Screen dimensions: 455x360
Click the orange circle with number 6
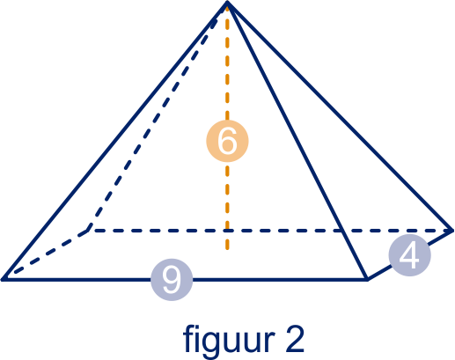coord(227,141)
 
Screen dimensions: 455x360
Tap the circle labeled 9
coord(172,280)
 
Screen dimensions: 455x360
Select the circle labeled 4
coord(410,255)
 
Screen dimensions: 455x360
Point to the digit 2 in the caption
coord(293,338)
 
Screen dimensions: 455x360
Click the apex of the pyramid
coord(227,3)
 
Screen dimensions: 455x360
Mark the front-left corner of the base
coord(3,279)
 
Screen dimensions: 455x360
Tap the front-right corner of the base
coord(367,280)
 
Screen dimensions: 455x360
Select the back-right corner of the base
coord(452,231)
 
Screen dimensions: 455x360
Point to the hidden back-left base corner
coord(89,231)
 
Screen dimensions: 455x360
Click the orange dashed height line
coord(227,126)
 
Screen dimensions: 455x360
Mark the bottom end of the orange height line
coord(227,249)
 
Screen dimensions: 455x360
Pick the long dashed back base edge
coord(270,231)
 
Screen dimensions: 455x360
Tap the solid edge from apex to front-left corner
coord(114,141)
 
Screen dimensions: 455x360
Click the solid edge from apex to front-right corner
coord(297,141)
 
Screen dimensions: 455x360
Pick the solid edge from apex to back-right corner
coord(340,116)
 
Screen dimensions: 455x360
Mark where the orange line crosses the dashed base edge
coord(227,231)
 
